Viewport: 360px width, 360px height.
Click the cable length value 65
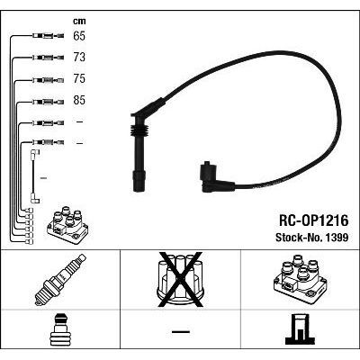[80, 37]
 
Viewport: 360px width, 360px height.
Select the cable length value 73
[80, 58]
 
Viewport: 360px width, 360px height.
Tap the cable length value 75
[80, 78]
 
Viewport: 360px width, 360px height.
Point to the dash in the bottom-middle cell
[179, 332]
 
